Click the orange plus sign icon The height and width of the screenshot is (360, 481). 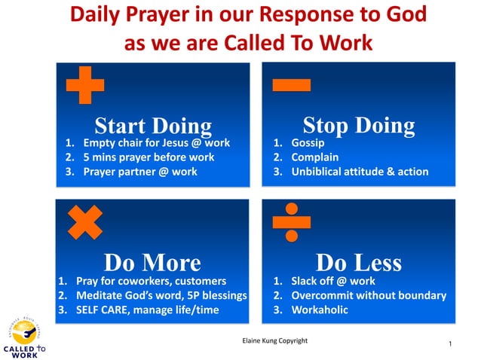(84, 84)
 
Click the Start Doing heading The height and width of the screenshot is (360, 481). (153, 126)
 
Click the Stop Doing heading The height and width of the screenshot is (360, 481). (358, 125)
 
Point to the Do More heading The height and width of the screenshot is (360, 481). (152, 262)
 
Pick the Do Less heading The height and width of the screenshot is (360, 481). (358, 262)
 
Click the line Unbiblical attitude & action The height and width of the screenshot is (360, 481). (358, 172)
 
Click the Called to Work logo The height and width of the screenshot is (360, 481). (24, 336)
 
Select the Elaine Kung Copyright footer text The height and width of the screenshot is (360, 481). (274, 340)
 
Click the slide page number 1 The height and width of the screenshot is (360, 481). (449, 344)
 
